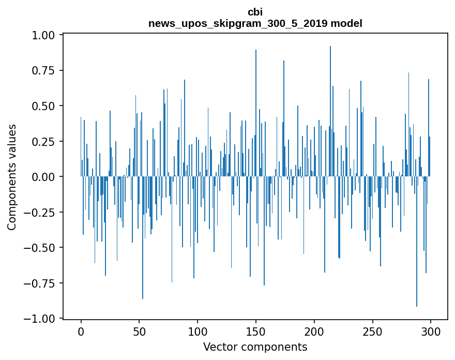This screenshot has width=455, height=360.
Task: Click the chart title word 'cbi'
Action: click(x=255, y=12)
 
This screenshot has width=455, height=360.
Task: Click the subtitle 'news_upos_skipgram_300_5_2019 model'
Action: click(x=255, y=23)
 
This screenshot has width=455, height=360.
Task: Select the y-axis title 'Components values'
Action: click(x=11, y=177)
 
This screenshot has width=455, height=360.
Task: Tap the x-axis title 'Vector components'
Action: click(x=255, y=347)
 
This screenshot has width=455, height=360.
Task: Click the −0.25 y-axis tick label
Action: click(x=42, y=212)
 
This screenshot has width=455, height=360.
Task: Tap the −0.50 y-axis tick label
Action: click(x=42, y=248)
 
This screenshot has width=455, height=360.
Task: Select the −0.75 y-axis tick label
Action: click(x=42, y=283)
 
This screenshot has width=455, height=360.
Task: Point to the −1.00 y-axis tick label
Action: click(x=42, y=319)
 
